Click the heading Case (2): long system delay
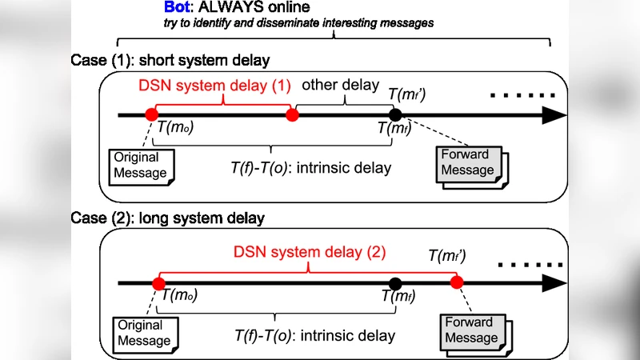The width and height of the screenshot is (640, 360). coord(167,218)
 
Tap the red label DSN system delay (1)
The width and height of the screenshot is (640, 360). coord(214,86)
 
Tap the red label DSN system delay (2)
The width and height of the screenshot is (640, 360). coord(310,252)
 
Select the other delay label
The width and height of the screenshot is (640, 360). coord(339,86)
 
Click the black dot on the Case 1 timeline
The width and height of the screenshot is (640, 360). coord(395,115)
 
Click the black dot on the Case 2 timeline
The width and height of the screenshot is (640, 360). coord(394,283)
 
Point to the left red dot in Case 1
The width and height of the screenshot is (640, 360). coord(152,115)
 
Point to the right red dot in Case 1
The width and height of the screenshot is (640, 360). coord(292,115)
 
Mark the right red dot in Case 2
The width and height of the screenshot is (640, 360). coord(457,283)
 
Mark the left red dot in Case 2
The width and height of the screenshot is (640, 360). coord(158,283)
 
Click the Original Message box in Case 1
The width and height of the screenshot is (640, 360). coord(140,165)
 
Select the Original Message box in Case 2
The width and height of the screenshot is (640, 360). coord(144,333)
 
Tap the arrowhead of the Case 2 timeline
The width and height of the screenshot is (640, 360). coord(552,283)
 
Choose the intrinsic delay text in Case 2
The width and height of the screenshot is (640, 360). coord(314,336)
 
